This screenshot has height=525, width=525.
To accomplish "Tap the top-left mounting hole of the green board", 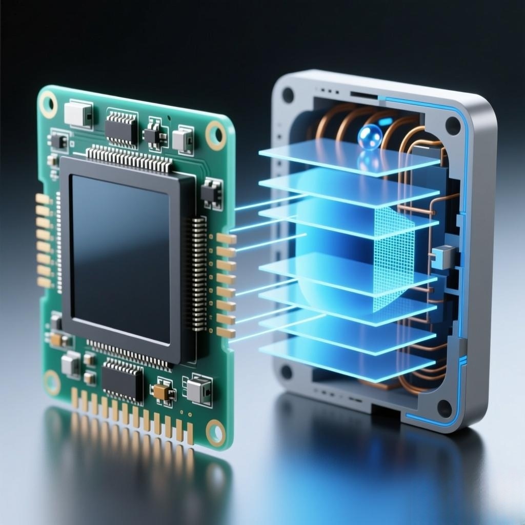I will tap(49, 103).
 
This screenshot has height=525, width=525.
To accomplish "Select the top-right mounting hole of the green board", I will tap(216, 134).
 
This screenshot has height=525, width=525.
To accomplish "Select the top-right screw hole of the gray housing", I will tap(452, 125).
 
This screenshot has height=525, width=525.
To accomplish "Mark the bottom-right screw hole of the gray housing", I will tap(444, 408).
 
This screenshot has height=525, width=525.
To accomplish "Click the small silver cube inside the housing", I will tap(444, 256).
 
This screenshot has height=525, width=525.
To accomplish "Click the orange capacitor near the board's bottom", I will tap(162, 392).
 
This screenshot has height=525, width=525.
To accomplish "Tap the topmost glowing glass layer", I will tap(349, 156).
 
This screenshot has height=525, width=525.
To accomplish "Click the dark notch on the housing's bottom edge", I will tap(385, 411).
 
